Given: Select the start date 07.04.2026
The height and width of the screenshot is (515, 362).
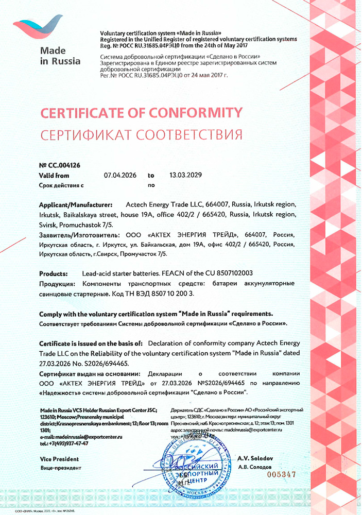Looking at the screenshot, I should tap(120, 175).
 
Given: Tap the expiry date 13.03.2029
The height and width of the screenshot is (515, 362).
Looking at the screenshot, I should tap(185, 175).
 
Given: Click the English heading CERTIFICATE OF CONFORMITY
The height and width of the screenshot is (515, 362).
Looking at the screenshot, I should tap(141, 112).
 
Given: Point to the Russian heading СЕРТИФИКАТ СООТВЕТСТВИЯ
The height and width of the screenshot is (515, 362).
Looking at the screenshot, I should tap(141, 135).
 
